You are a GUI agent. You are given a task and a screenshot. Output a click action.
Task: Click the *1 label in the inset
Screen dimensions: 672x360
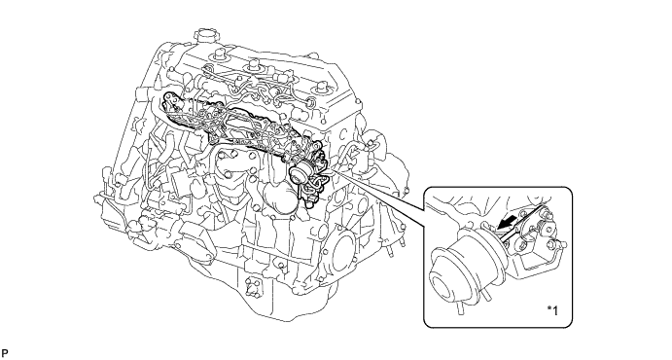click(x=552, y=310)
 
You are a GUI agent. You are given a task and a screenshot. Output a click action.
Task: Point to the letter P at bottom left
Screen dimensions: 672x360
click(x=5, y=353)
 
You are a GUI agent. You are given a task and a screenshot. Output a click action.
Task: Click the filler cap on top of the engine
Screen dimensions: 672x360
click(x=204, y=36)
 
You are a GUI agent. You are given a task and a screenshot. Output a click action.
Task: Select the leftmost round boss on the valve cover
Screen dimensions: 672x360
click(x=221, y=55)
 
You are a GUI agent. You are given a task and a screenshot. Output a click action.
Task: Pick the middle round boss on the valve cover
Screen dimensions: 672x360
click(x=254, y=67)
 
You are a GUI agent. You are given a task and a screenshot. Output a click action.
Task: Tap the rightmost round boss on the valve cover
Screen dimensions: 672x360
click(x=322, y=89)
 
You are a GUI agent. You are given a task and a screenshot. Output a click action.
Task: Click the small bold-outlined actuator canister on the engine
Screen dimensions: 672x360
click(x=299, y=173)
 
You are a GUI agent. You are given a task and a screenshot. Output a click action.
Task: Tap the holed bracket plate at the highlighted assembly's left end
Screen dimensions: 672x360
click(x=172, y=103)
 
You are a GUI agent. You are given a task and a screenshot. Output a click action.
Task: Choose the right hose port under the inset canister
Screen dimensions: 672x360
click(x=487, y=295)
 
